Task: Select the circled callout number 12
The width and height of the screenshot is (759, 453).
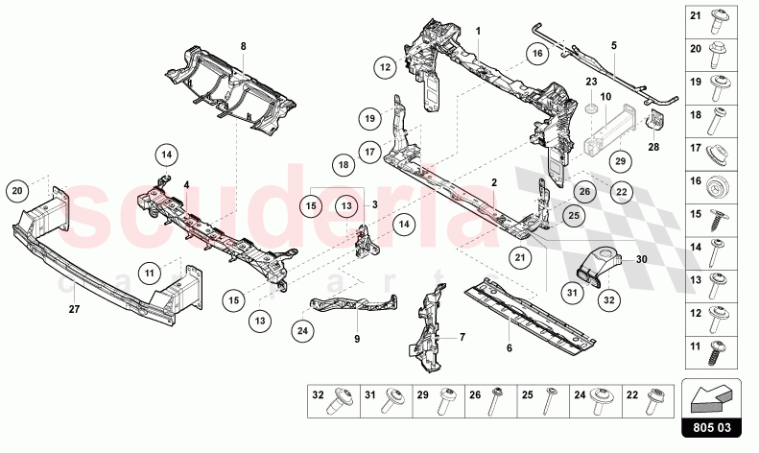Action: tap(386, 66)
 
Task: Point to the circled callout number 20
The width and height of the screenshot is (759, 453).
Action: tap(16, 191)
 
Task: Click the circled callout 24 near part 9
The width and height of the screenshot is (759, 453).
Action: tap(302, 332)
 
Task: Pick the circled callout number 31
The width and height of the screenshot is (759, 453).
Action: tap(572, 293)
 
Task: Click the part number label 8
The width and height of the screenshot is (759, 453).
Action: tap(243, 45)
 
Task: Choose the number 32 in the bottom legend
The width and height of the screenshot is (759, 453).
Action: tap(318, 395)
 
